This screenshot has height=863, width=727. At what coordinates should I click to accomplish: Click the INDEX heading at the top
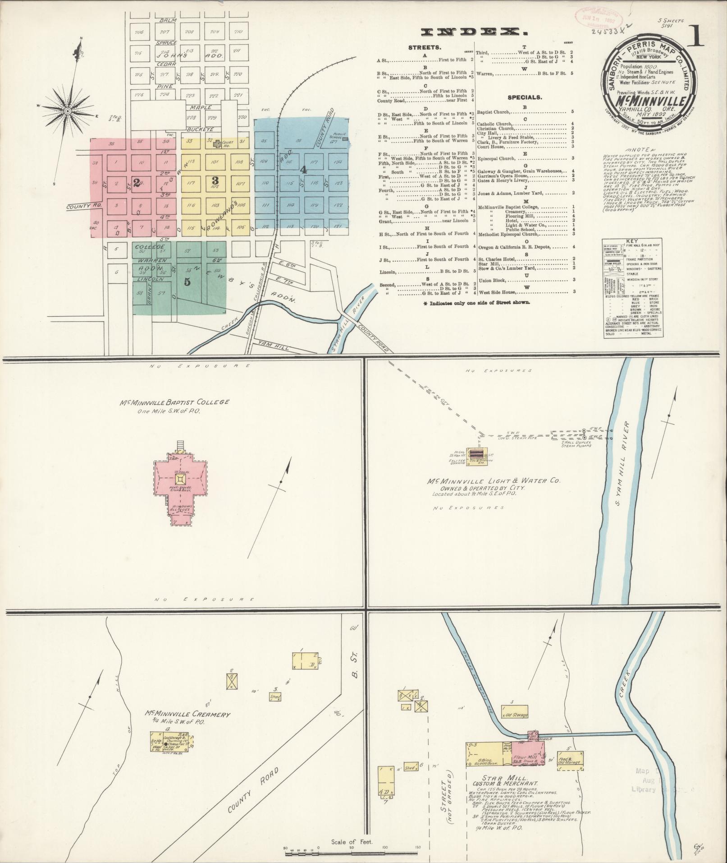(474, 32)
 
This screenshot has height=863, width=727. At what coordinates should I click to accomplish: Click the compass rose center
(67, 111)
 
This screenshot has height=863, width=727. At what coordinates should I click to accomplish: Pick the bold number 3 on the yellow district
(215, 180)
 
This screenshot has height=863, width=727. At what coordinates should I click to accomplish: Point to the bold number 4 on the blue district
(304, 170)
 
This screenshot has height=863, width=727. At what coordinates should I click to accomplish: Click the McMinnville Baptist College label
(184, 402)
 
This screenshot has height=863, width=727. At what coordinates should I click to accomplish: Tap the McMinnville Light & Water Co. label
(494, 481)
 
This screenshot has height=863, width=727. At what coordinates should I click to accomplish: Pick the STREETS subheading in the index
(425, 47)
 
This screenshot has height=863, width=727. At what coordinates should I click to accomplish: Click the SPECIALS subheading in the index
(525, 97)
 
